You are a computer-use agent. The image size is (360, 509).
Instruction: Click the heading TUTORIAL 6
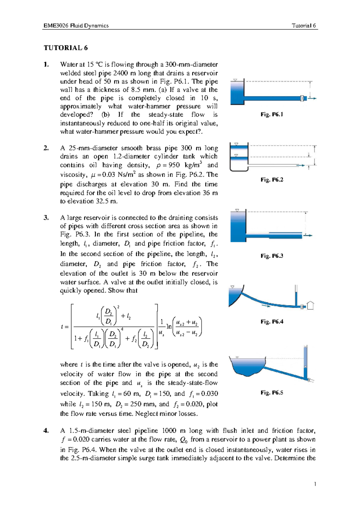coord(66,48)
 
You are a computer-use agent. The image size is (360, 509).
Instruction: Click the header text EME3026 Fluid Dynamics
coord(76,25)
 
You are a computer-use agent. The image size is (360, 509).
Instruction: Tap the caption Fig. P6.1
coord(272,114)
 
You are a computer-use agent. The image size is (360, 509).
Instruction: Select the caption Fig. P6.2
coord(272,180)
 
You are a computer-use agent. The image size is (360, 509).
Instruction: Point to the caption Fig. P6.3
coord(272,256)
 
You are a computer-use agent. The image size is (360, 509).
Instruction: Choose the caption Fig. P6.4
coord(272,321)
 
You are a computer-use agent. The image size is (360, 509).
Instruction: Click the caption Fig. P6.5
coord(272,392)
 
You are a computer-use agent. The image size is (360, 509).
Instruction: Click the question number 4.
coord(46,430)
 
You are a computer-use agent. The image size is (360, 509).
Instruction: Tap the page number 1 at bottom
coord(315,484)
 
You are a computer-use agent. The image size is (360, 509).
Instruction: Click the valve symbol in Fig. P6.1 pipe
coord(302,98)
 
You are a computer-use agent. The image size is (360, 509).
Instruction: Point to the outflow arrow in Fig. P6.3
coord(308,236)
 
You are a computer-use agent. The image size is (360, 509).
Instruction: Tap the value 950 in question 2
coord(174,165)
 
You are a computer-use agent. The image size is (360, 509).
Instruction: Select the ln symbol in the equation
coord(169,326)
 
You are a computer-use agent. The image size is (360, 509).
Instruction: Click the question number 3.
coord(46,218)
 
